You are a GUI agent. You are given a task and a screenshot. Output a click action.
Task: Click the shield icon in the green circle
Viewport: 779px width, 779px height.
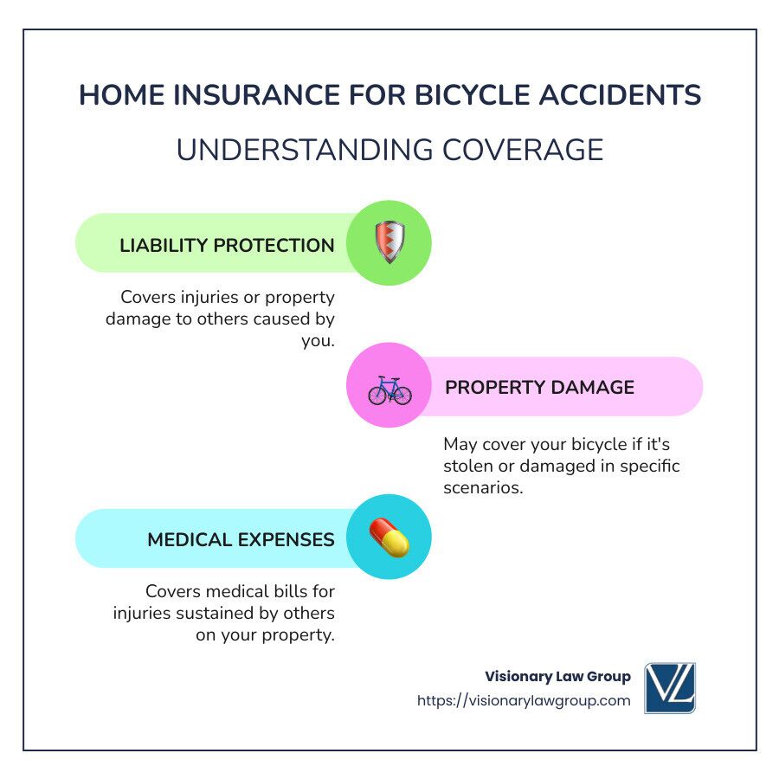389,242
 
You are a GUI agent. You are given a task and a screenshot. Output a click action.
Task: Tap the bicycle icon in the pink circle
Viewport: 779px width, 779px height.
389,390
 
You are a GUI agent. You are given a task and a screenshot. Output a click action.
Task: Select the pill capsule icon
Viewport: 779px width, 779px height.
389,538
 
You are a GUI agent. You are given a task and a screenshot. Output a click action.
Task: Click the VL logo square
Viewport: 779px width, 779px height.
670,688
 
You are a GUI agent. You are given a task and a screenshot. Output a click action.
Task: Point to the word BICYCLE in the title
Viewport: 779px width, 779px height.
472,94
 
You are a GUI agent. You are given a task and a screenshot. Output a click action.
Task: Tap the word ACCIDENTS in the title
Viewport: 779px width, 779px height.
620,94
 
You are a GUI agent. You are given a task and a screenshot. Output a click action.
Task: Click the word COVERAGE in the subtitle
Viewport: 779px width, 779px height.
523,150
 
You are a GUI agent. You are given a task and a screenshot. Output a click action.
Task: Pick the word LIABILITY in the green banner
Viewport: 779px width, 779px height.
164,246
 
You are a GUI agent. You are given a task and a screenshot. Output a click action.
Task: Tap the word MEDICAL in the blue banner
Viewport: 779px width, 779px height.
190,539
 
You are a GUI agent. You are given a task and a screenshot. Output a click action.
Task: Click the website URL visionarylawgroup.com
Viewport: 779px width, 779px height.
524,700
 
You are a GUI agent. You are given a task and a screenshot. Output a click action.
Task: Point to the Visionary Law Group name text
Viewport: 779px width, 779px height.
558,676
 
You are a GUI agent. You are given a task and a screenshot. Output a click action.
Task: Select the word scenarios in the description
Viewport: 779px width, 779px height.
483,487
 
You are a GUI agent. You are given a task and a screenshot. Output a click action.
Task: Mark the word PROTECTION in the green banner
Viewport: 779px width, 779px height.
274,246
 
